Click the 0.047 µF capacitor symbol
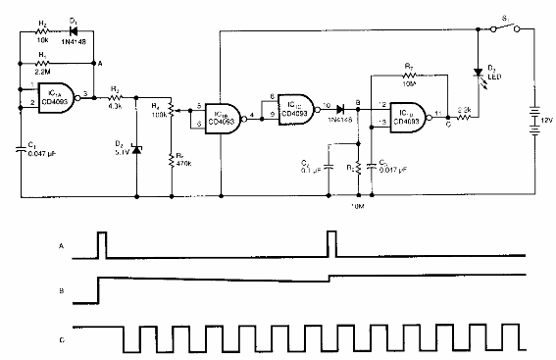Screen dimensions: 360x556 pyautogui.click(x=22, y=148)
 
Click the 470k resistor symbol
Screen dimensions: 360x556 pyautogui.click(x=172, y=159)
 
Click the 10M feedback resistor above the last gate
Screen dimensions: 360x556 pyautogui.click(x=412, y=74)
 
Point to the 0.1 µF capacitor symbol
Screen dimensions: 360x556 pyautogui.click(x=328, y=162)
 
